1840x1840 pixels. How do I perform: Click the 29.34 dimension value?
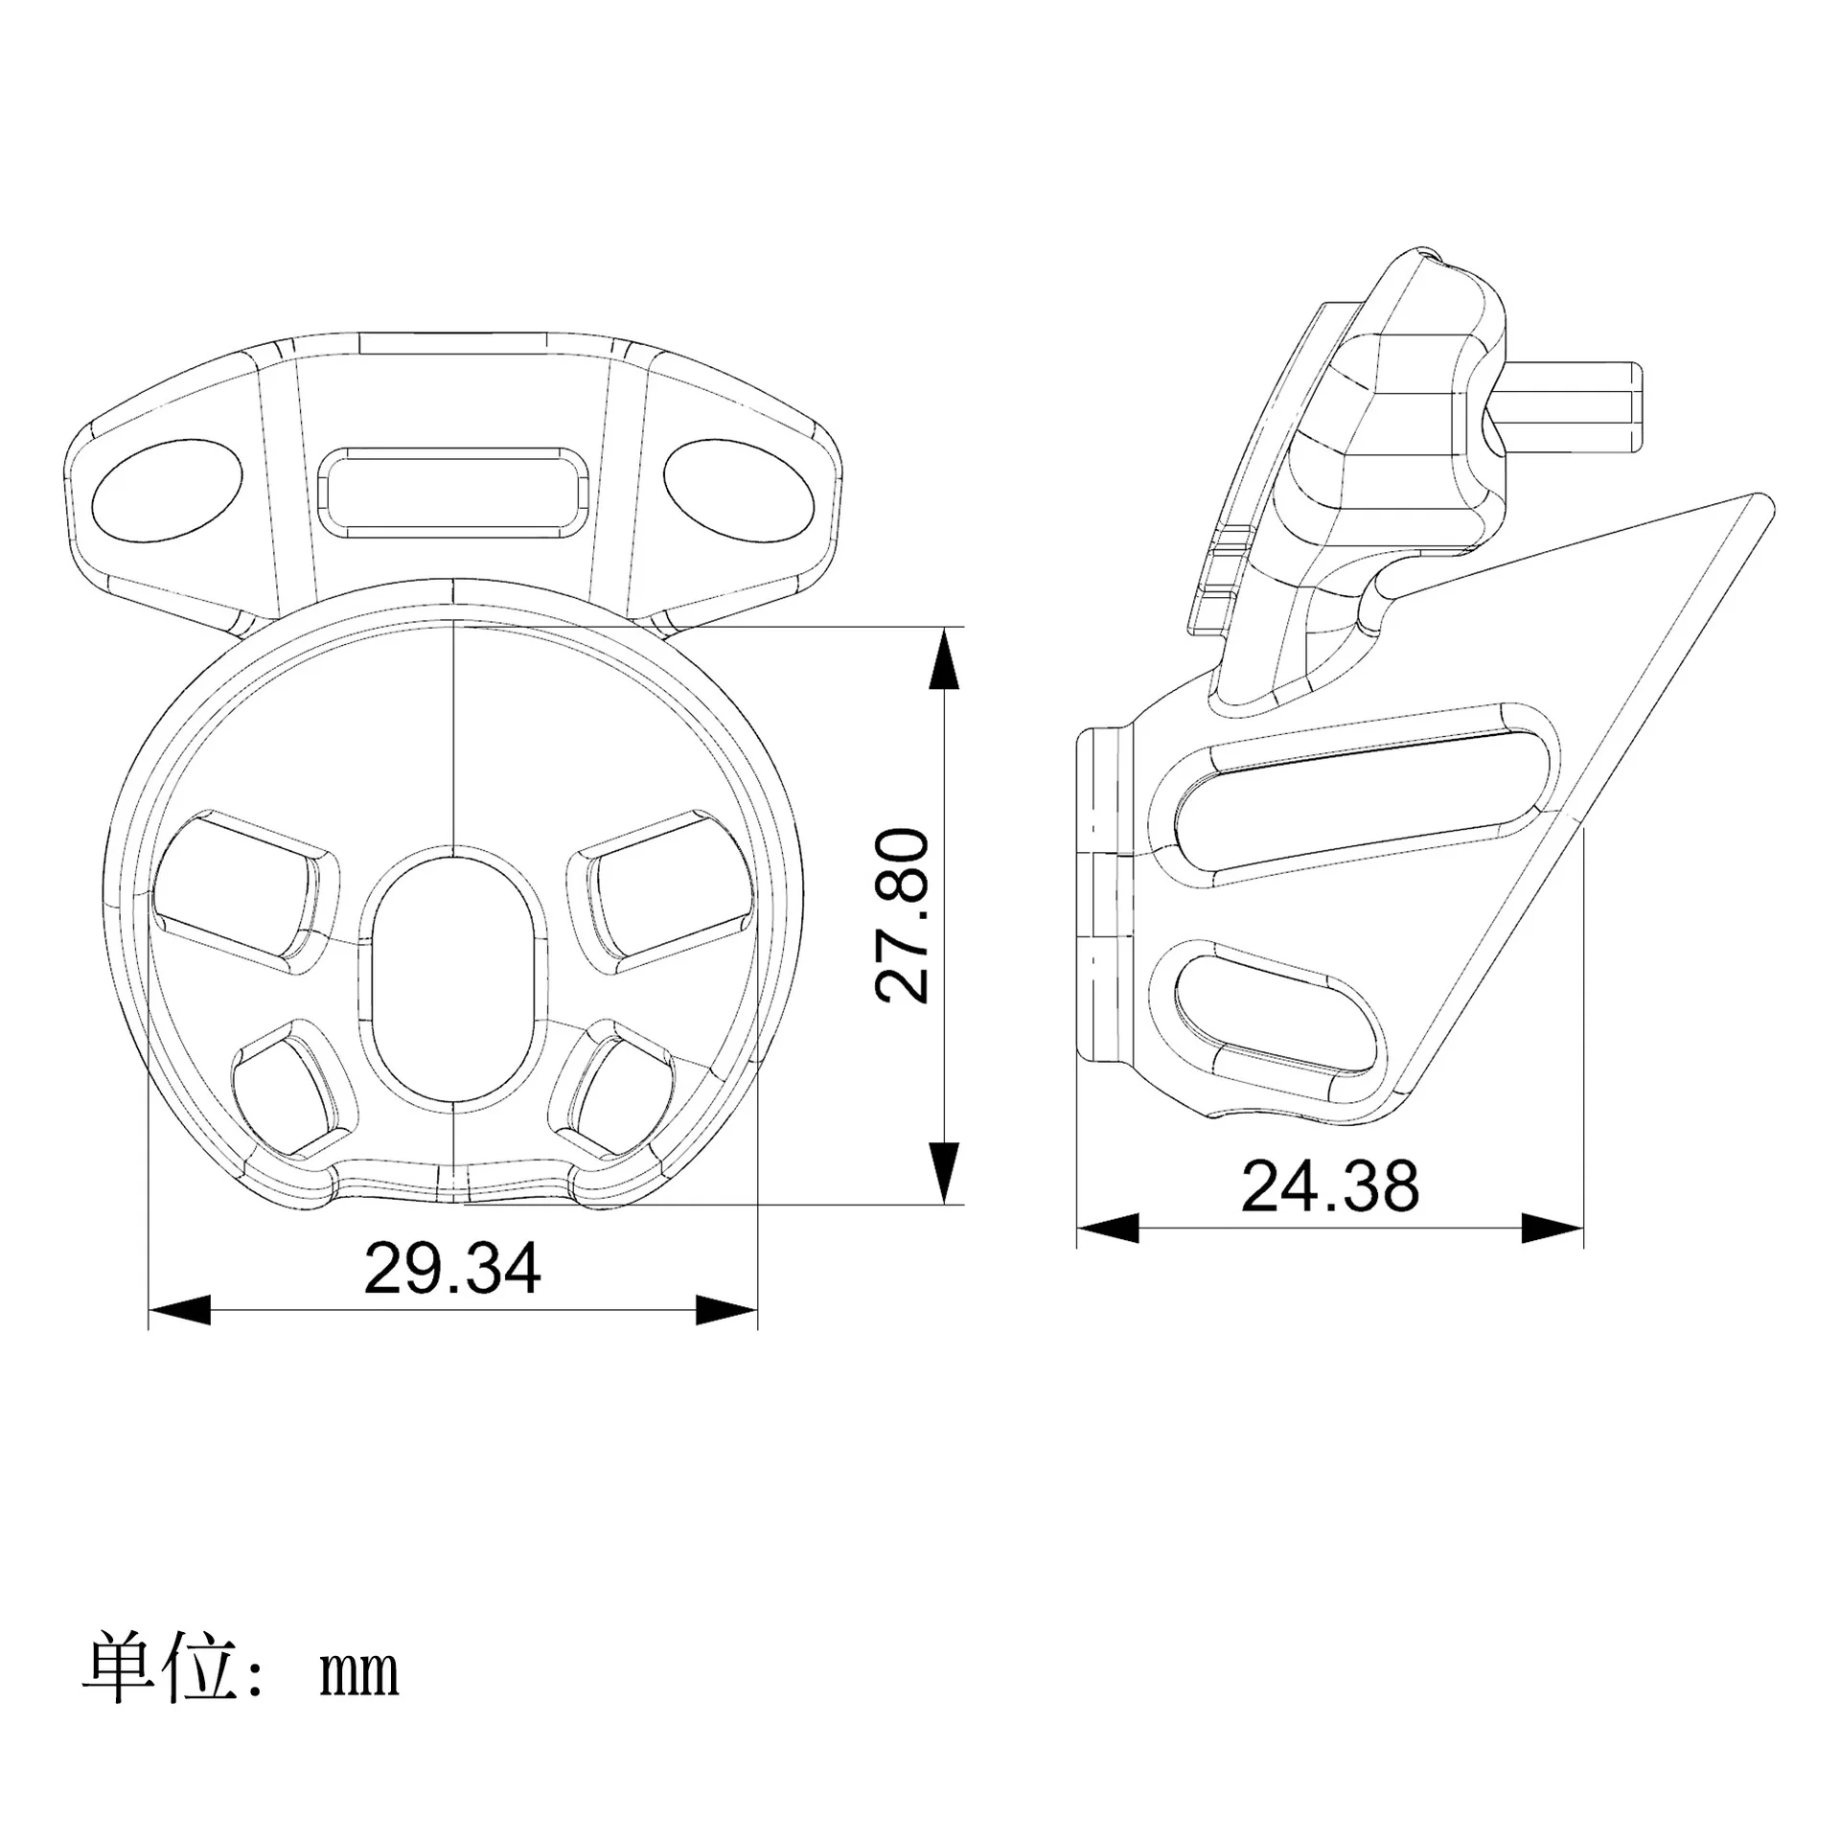click(x=452, y=1267)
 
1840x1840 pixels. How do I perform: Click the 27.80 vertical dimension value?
click(x=903, y=916)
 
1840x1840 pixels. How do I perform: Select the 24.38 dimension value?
click(x=1329, y=1185)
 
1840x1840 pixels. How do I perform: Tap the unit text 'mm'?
click(x=358, y=1673)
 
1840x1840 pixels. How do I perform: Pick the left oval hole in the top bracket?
click(x=167, y=491)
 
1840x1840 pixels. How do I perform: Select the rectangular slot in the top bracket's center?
click(x=452, y=489)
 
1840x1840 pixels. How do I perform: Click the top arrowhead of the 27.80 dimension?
click(x=944, y=658)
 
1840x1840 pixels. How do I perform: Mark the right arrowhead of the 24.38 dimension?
click(x=1552, y=1228)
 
